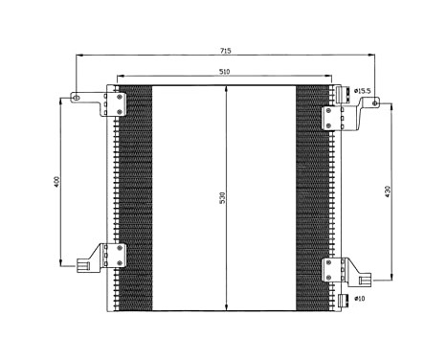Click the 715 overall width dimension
pyautogui.click(x=225, y=51)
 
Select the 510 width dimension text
pyautogui.click(x=224, y=72)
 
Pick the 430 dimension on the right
pyautogui.click(x=387, y=191)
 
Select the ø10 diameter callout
pyautogui.click(x=359, y=299)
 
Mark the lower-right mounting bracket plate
pyautogui.click(x=331, y=269)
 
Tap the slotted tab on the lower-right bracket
pyautogui.click(x=365, y=281)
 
